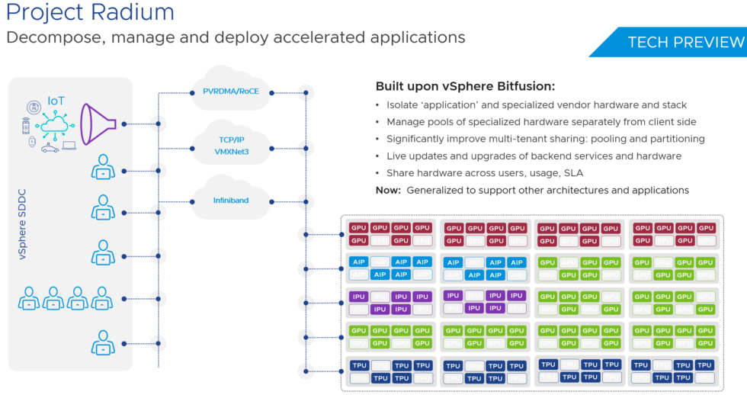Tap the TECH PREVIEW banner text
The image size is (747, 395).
[685, 42]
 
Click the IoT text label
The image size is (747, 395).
[56, 101]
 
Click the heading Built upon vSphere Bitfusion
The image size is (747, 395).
[465, 86]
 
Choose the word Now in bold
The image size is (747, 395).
[389, 190]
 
